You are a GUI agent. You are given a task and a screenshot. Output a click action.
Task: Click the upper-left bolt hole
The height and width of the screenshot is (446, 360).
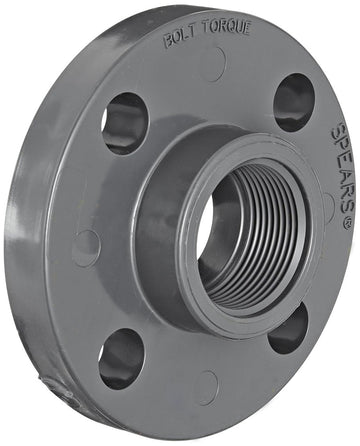pos(124,121)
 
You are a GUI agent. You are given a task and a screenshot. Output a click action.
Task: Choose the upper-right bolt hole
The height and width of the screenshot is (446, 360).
pos(294,101)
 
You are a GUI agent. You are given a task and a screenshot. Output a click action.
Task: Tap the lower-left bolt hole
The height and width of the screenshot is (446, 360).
pos(121,357)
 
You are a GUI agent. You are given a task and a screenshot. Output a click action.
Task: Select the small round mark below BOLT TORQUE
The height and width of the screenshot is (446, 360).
pos(212,65)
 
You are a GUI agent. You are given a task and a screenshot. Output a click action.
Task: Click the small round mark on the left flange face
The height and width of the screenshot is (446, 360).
pos(87,245)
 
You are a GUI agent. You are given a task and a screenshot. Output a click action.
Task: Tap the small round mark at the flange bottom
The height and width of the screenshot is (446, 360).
pos(207,387)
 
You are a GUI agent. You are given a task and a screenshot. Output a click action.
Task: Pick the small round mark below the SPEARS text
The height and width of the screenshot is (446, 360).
pos(328,206)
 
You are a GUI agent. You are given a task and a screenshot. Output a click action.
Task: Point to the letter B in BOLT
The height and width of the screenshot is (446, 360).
pos(166,42)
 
